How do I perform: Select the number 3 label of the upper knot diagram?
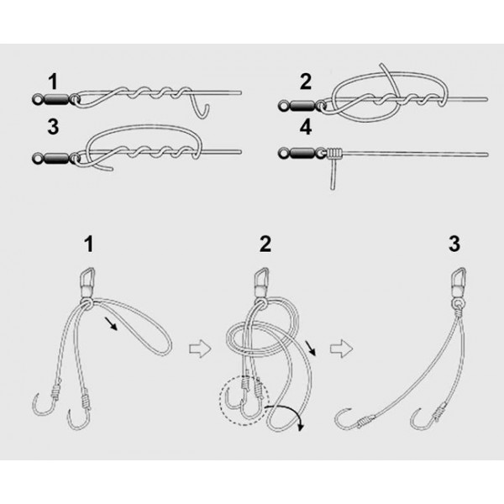[54, 129]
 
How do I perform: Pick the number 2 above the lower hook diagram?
[265, 244]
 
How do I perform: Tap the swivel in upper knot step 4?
[302, 153]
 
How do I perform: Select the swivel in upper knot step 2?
[302, 104]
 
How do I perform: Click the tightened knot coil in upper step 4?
[335, 154]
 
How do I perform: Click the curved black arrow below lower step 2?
[290, 415]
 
